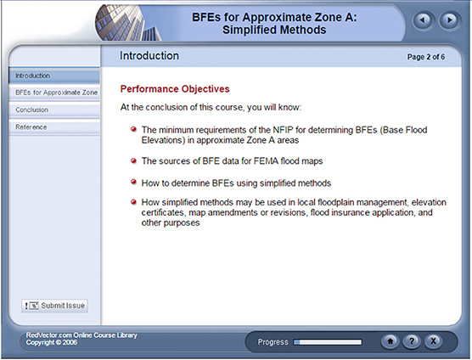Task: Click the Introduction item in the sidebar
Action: [x=33, y=76]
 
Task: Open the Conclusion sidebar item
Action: [x=32, y=110]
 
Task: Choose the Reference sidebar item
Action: [x=31, y=127]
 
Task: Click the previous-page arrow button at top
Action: [x=422, y=20]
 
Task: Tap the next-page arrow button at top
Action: [x=447, y=20]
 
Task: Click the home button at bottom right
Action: [x=391, y=342]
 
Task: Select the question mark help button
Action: [x=412, y=342]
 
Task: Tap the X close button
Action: [x=433, y=342]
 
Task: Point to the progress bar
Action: [x=327, y=343]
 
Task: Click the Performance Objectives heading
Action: [x=175, y=88]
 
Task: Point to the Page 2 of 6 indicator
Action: [x=433, y=56]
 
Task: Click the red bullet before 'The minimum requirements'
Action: [x=134, y=128]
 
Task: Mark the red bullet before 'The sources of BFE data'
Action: [x=134, y=160]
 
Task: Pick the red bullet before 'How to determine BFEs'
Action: [x=134, y=182]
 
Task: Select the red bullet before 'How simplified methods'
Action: [x=134, y=201]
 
